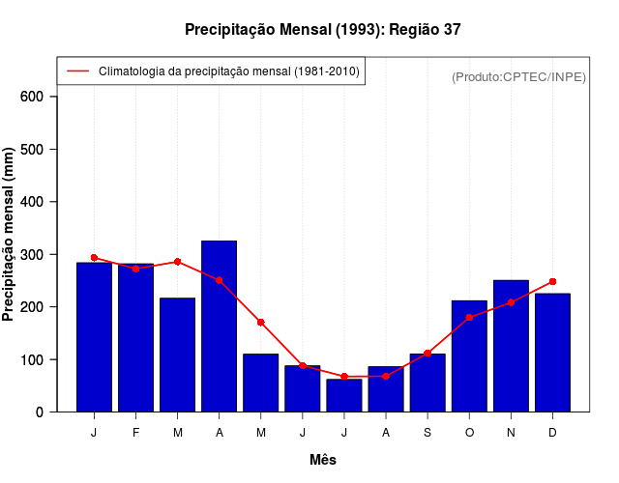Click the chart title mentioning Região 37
coord(323,30)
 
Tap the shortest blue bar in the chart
coord(343,395)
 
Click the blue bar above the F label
coord(135,337)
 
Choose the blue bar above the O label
coord(469,356)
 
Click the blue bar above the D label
coord(552,353)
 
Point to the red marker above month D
coord(552,281)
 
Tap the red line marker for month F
coord(135,269)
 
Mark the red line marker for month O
coord(469,317)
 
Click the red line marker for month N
coord(511,302)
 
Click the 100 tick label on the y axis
coord(32,359)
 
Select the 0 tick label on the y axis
coord(39,412)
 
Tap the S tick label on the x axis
coord(427,433)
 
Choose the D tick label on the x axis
coord(552,433)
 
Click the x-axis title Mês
coord(323,460)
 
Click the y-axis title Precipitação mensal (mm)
coord(10,235)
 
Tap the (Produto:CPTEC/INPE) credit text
coord(518,76)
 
